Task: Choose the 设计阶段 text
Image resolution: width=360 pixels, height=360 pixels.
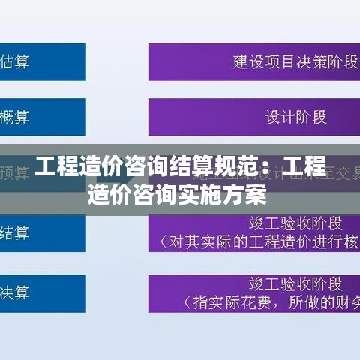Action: pos(295,117)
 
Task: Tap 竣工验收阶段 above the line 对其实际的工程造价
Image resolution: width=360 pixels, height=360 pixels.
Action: pos(295,222)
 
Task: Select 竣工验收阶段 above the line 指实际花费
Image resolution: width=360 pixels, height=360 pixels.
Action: pos(295,283)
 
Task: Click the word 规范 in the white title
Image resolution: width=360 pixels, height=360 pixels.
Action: pos(227,166)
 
